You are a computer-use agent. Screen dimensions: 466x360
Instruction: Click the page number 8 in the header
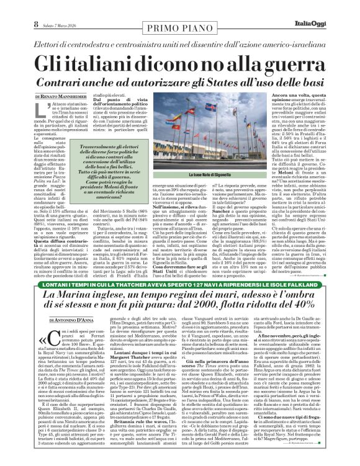pos(10,7)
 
